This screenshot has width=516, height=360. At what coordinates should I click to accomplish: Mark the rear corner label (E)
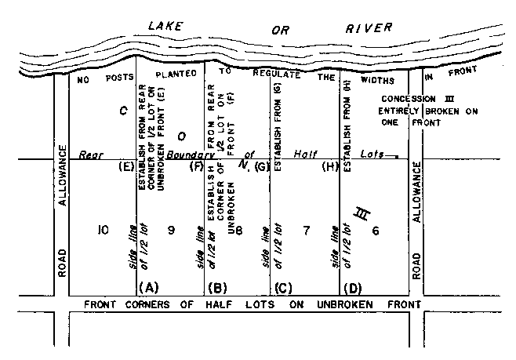tap(125, 166)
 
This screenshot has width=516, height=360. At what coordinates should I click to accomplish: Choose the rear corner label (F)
tap(196, 166)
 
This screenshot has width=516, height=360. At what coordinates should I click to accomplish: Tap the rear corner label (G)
tap(262, 166)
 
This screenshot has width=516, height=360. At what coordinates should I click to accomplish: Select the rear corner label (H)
tap(329, 166)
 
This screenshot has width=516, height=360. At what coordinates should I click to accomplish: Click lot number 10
tap(102, 230)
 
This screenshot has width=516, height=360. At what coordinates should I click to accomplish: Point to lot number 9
tap(170, 230)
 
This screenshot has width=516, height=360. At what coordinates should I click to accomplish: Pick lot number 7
tap(306, 230)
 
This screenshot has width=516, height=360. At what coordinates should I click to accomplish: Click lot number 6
tap(375, 230)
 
